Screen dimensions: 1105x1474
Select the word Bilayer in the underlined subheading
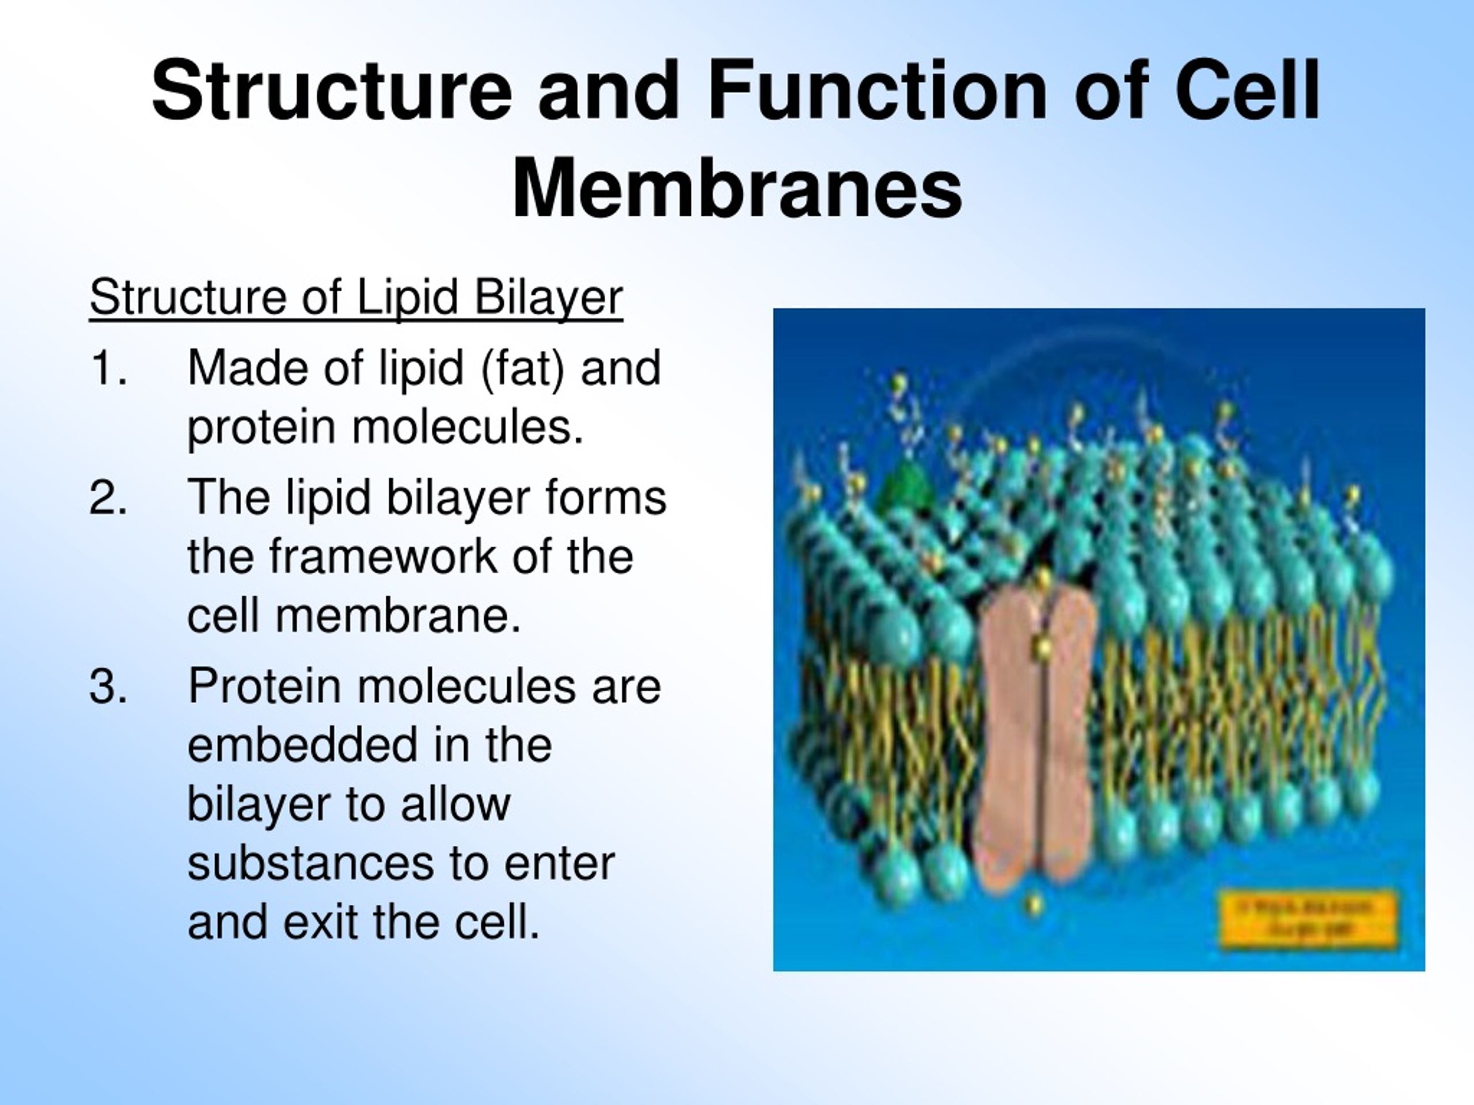pos(548,297)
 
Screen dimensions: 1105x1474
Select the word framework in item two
pos(382,557)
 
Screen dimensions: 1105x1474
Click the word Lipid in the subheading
pos(407,297)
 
